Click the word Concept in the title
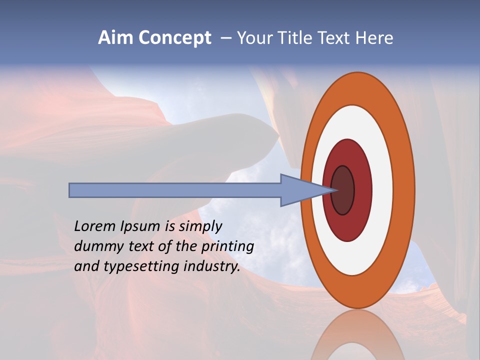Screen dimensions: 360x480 coord(174,38)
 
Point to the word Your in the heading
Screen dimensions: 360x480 coord(254,38)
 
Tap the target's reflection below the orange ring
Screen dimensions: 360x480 coord(357,335)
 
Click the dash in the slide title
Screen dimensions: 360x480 coord(226,38)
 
